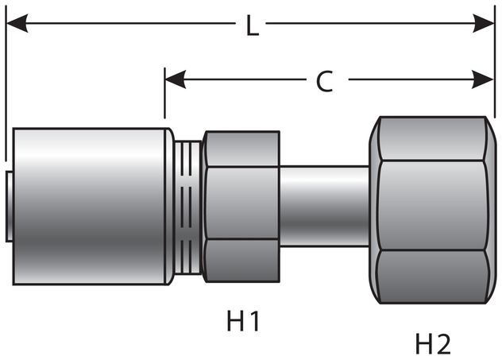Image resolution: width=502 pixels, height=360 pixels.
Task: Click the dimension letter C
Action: pos(324,81)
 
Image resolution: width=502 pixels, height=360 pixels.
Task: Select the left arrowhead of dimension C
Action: pos(176,79)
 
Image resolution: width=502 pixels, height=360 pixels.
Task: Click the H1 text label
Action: pos(243,321)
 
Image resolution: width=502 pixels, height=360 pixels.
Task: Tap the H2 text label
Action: pos(433,343)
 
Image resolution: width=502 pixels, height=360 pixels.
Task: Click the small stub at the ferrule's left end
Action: pos(7,205)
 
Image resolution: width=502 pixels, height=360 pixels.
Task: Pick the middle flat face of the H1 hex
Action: pos(241,203)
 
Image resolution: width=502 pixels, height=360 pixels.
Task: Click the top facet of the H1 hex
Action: pos(241,149)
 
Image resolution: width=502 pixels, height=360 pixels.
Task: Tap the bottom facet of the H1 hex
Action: pos(241,261)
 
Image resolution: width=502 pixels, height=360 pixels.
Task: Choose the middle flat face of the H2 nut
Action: pos(433,205)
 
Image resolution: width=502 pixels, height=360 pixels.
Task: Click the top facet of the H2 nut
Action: pos(433,138)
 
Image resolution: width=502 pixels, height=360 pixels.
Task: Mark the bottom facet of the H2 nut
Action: pos(433,277)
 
